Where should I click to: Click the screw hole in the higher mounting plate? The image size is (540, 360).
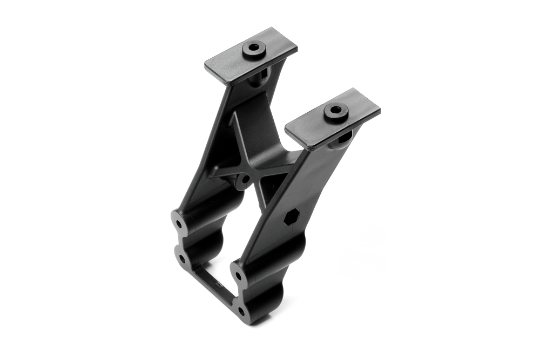pyautogui.click(x=254, y=49)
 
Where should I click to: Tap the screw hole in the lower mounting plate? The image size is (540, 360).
pyautogui.click(x=335, y=111)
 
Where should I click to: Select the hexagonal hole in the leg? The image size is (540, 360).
pyautogui.click(x=290, y=218)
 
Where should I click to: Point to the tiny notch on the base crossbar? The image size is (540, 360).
pyautogui.click(x=218, y=282)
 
